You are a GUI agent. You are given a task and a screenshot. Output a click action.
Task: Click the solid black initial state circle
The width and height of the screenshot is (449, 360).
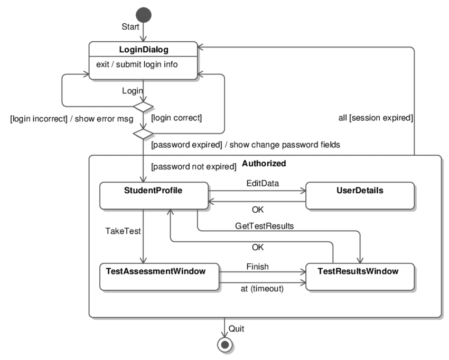pos(143,14)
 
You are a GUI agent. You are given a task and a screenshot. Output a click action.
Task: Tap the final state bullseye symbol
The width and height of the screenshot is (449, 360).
pos(225,345)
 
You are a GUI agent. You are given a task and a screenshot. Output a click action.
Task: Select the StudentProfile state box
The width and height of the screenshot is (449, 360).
pos(154,195)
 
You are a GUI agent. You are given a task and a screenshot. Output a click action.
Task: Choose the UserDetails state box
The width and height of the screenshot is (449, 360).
pos(359,195)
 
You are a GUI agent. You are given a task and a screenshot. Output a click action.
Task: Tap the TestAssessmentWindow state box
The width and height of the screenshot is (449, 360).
pos(160,276)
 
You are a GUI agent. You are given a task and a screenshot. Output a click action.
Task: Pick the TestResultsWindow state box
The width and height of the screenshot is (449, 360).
pos(359,276)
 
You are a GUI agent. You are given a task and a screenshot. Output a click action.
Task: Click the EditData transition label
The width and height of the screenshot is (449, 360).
pos(262,183)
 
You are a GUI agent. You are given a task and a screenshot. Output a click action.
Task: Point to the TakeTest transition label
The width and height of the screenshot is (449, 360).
pos(121,231)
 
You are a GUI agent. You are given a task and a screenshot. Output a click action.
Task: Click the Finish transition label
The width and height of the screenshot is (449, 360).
pos(257,267)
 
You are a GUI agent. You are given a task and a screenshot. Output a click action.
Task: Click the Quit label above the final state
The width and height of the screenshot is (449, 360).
pos(236,328)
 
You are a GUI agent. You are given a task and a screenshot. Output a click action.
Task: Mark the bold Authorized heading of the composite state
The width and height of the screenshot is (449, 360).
pos(264,164)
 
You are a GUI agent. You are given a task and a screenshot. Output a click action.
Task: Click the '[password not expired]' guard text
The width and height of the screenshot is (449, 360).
pos(193,167)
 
